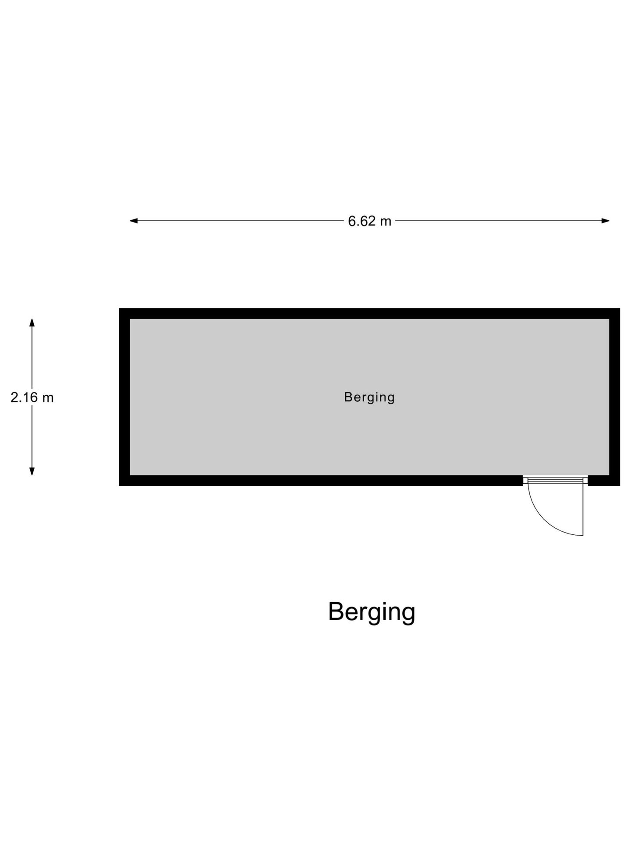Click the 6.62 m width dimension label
pos(369,221)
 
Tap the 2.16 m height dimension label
pos(32,397)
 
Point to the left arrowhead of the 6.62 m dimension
pos(134,221)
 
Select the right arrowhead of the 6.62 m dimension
pos(606,221)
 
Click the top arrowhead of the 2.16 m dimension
pos(32,322)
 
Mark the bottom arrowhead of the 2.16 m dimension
pos(32,471)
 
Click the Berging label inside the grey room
pos(369,397)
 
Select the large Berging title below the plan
pos(372,612)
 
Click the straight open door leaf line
pos(583,509)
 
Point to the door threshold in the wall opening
pos(555,481)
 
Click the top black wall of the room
pos(369,313)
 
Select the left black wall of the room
pos(124,397)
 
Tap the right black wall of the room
pos(615,397)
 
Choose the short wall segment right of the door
pos(604,481)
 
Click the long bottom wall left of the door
pos(321,481)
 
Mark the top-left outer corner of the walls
pos(119,308)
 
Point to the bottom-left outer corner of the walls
pos(119,486)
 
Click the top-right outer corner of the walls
pos(620,308)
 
